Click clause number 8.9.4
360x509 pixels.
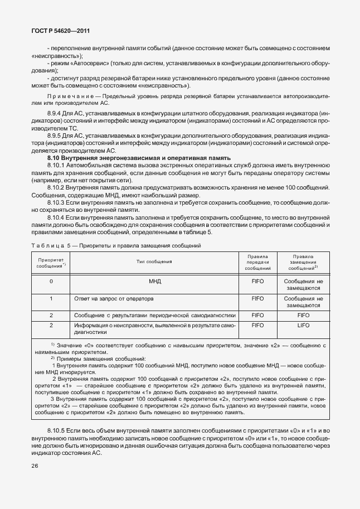click(56, 113)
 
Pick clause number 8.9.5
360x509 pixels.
click(56, 135)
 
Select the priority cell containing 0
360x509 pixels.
click(51, 282)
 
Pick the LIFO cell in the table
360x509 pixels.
click(303, 324)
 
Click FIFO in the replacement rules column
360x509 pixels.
click(303, 314)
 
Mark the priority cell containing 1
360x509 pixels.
click(51, 299)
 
